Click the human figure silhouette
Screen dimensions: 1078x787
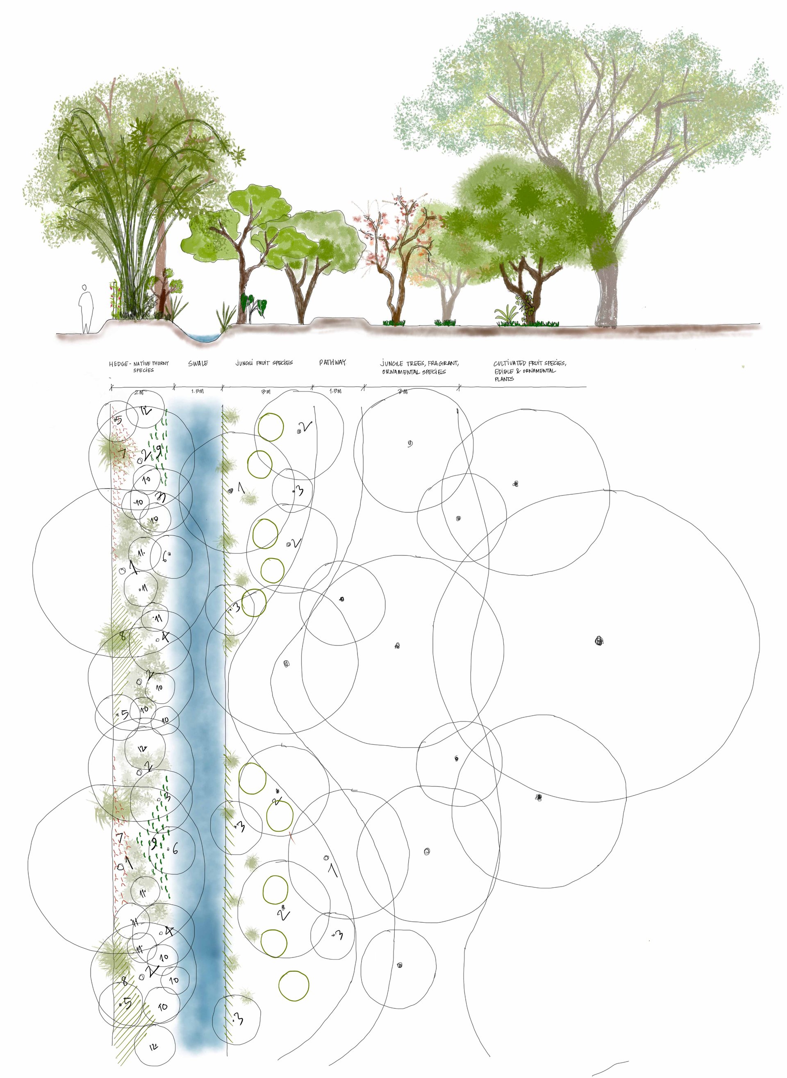86,308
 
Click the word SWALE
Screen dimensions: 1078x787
198,364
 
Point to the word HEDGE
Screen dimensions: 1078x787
118,364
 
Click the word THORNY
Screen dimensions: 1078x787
160,364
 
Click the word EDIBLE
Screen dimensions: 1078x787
504,371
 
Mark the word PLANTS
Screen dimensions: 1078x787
504,379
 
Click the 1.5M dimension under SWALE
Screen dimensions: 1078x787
197,391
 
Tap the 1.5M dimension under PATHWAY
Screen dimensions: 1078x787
336,391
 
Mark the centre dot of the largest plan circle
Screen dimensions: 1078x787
599,641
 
